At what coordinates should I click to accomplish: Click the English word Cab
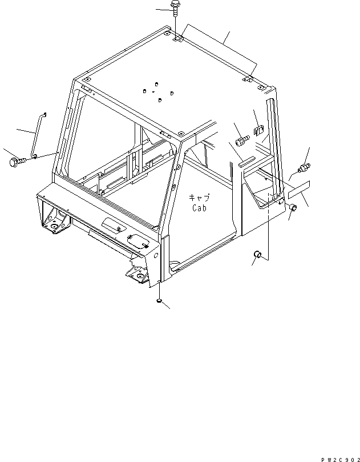point(199,208)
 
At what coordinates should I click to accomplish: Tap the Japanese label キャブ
point(200,198)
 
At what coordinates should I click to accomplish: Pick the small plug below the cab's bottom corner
point(159,300)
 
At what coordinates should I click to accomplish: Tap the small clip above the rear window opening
point(258,131)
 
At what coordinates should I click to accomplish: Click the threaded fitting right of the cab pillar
point(304,168)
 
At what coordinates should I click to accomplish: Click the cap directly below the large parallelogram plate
point(291,208)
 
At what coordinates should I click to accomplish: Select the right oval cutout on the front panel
point(139,242)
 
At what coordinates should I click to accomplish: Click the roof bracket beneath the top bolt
point(178,38)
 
